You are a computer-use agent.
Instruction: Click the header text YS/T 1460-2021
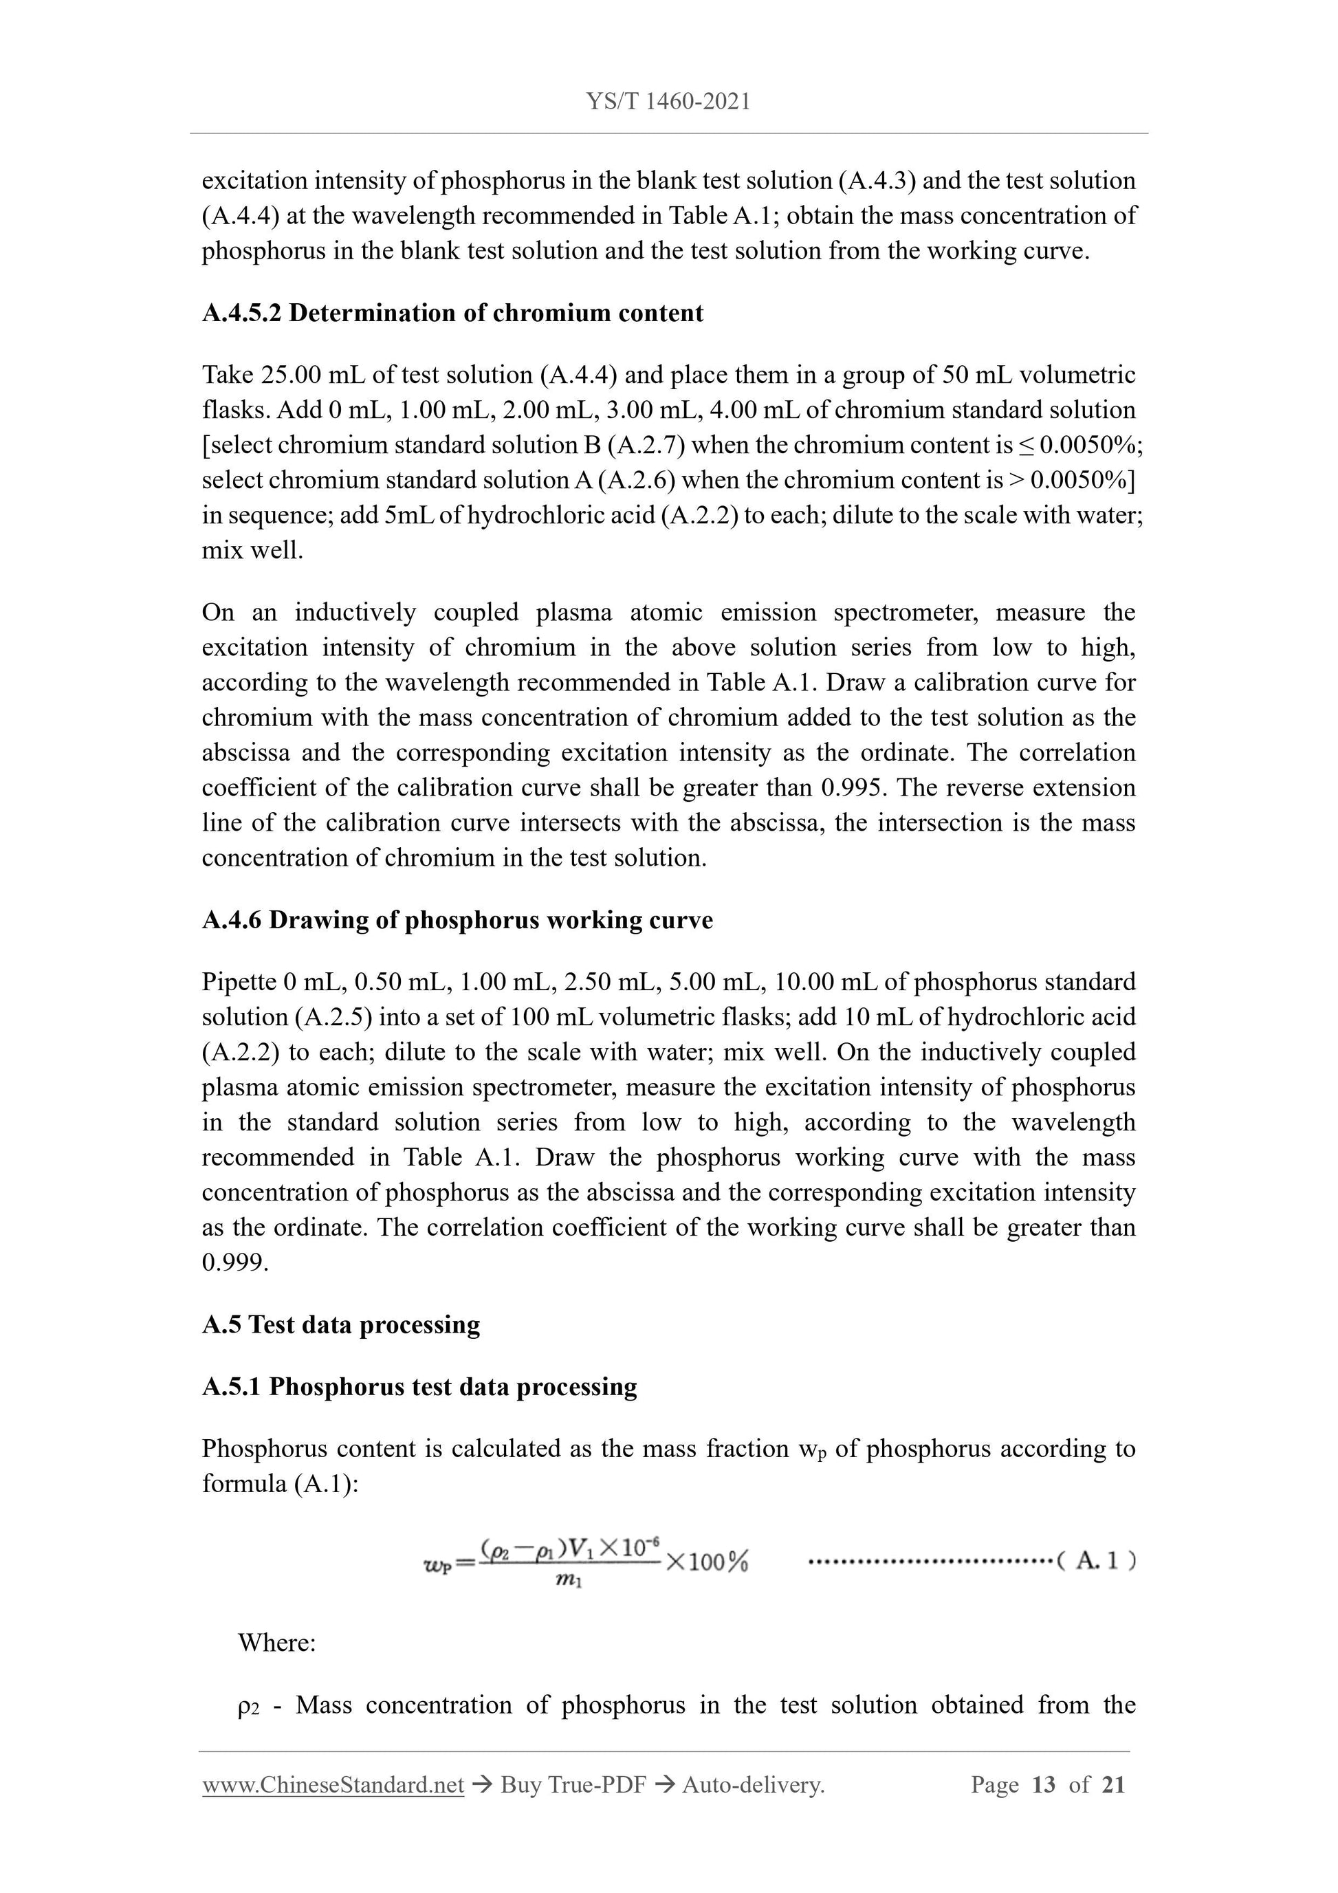pos(668,101)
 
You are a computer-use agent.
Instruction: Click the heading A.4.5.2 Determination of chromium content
pos(452,314)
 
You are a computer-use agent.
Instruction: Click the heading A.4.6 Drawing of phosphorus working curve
pos(457,920)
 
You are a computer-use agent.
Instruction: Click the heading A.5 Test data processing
pos(340,1325)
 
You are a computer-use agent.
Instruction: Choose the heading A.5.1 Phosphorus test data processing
pos(419,1387)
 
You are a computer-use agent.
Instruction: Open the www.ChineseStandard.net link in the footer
pos(333,1785)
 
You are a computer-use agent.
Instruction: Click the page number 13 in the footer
pos(1043,1785)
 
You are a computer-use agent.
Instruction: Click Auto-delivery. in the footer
pos(753,1785)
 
